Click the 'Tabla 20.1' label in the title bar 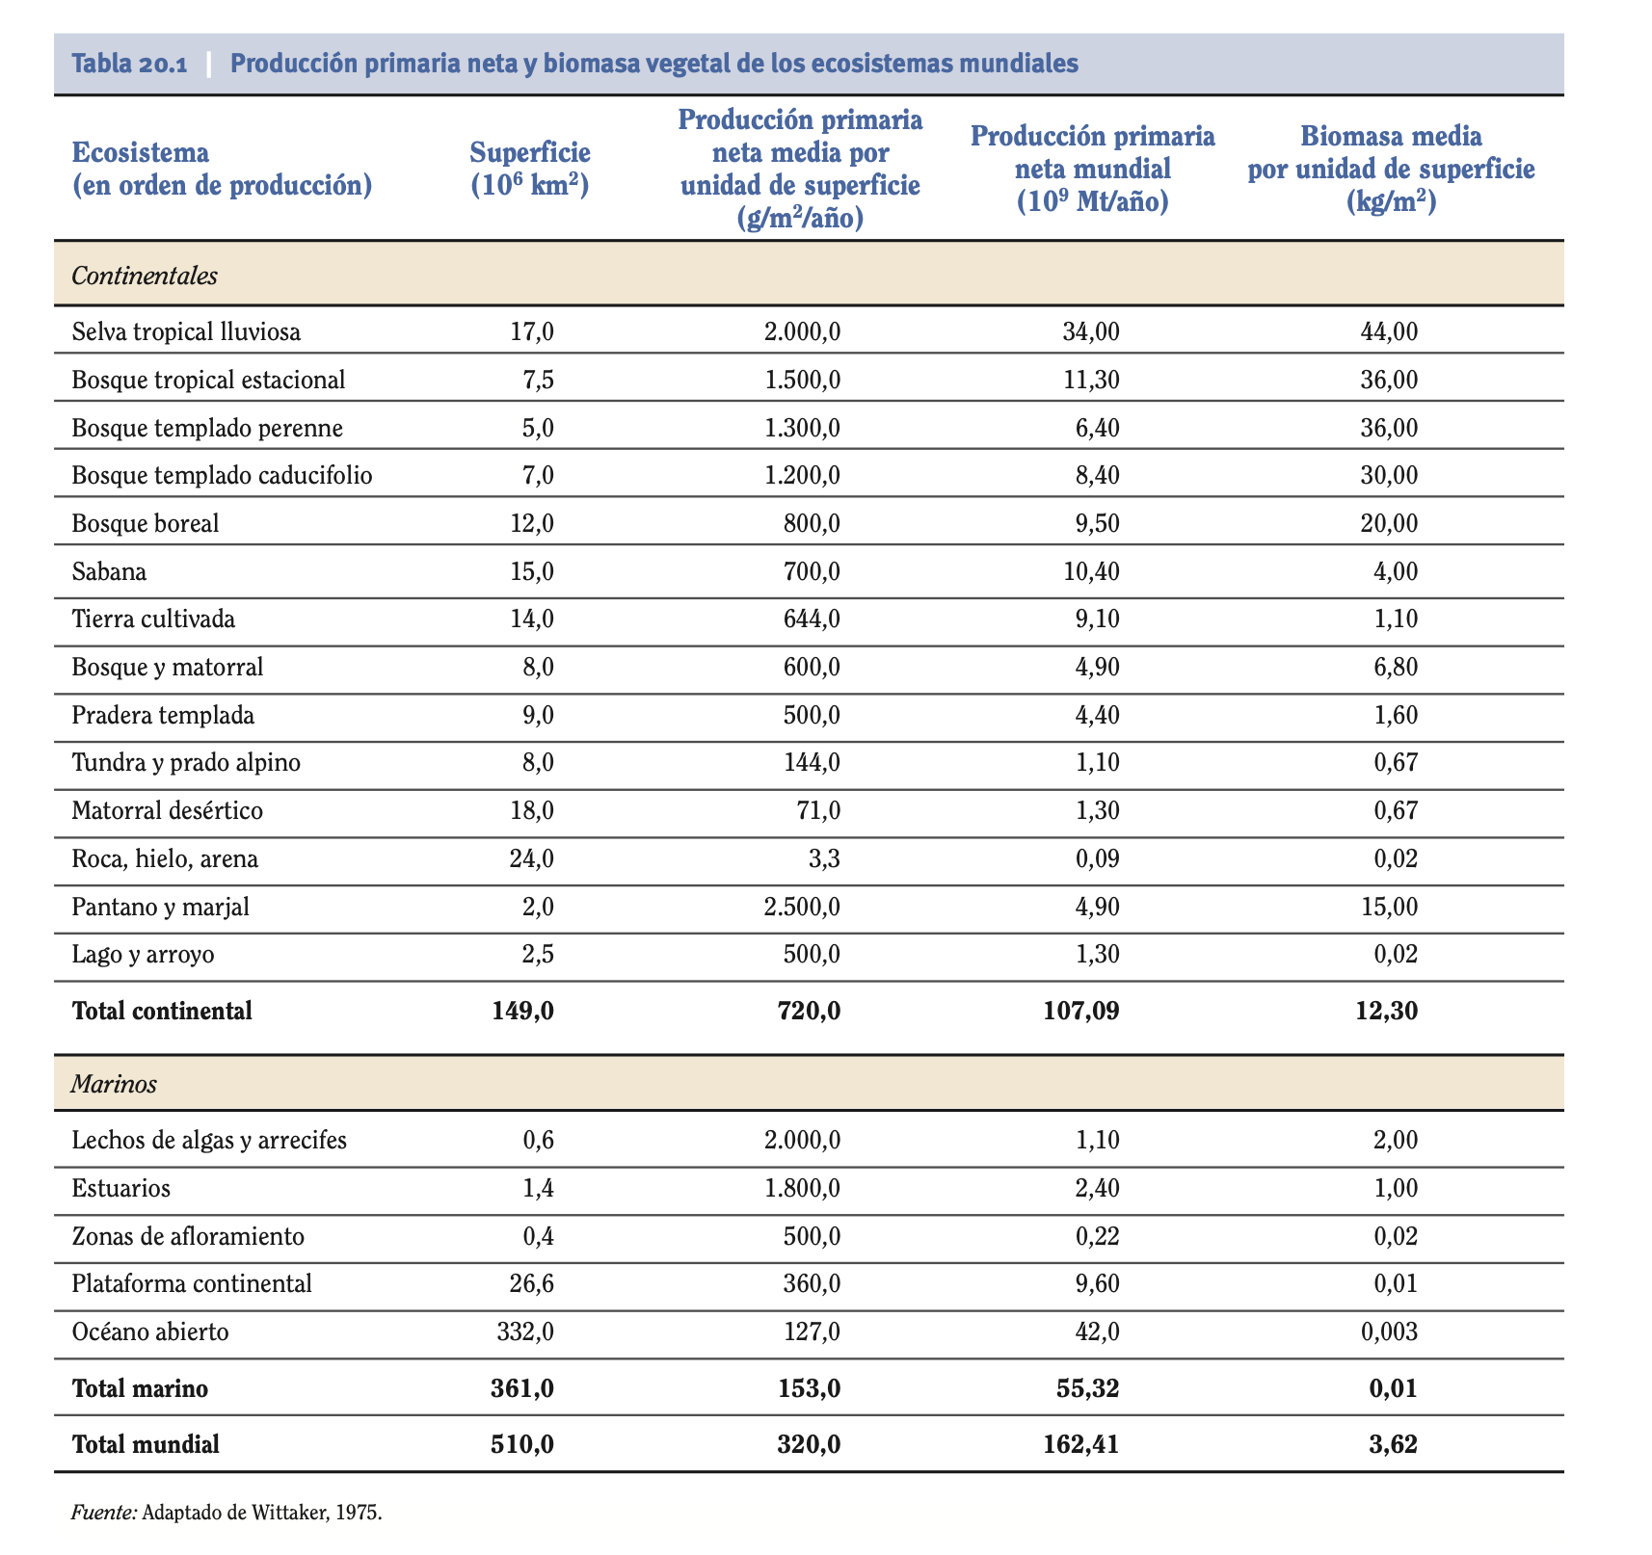(129, 64)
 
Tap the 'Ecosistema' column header (140, 152)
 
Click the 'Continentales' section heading (145, 276)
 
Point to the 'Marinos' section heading (114, 1084)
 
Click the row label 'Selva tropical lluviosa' (186, 332)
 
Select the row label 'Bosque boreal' (146, 523)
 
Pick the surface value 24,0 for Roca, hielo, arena (531, 858)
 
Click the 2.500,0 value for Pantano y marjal (802, 907)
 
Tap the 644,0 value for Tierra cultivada (813, 619)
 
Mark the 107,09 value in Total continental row (1081, 1011)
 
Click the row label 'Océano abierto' (150, 1332)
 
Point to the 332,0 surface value (525, 1332)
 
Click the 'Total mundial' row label (146, 1444)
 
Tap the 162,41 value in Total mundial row (1081, 1444)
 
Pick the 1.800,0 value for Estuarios (802, 1188)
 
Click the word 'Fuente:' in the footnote (104, 1513)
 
